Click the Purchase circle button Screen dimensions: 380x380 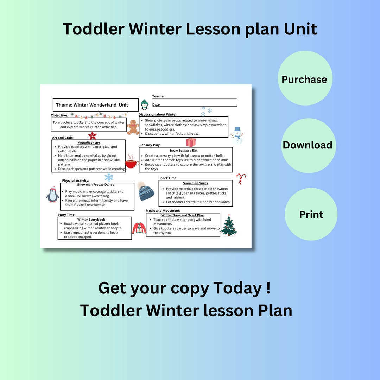pos(305,78)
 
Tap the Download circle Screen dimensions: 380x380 pos(308,145)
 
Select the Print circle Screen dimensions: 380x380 pos(311,214)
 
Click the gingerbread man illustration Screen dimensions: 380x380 pos(133,127)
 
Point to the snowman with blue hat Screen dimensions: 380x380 pos(237,135)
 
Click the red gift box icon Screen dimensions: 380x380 pos(191,142)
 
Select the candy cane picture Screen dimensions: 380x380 pos(241,178)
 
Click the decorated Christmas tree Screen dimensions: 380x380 pos(229,226)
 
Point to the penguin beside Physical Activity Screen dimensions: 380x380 pos(52,194)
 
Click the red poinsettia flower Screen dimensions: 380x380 pos(92,136)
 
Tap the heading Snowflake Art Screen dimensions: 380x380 pos(89,143)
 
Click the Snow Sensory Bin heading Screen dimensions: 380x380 pos(183,151)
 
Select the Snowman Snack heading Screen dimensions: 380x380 pos(196,183)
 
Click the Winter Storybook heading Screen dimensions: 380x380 pos(91,220)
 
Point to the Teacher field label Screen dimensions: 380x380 pos(158,96)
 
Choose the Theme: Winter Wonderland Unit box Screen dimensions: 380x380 pos(96,105)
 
